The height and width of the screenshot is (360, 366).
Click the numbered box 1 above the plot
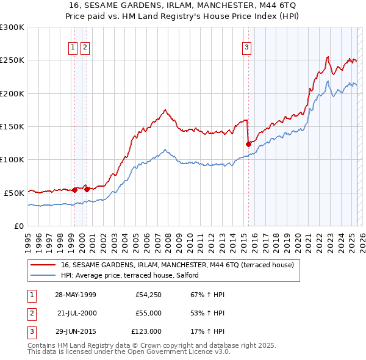tap(73, 48)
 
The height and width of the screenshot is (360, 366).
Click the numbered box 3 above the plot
tap(246, 48)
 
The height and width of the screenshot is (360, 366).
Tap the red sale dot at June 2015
tap(248, 145)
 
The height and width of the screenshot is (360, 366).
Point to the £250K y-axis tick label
tap(12, 60)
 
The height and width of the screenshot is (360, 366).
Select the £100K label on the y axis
tap(12, 159)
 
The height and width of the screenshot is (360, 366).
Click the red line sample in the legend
tap(43, 265)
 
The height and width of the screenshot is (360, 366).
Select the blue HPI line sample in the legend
tap(43, 275)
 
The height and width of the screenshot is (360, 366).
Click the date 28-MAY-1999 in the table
tap(75, 295)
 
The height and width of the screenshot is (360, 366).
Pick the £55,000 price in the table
tap(148, 313)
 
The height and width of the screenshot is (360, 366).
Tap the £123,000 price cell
tap(146, 331)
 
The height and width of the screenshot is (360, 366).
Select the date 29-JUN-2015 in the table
tap(75, 331)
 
